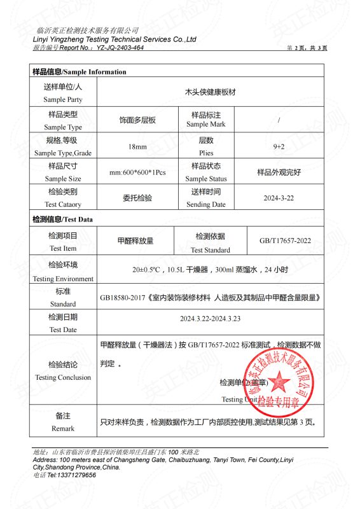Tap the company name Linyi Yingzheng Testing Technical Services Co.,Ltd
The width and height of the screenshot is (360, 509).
114,39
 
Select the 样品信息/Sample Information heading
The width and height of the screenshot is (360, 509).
80,72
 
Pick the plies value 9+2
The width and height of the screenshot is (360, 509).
279,146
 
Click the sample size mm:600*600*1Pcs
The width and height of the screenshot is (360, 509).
137,173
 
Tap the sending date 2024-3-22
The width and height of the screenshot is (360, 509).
279,198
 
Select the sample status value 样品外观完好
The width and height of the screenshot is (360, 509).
279,172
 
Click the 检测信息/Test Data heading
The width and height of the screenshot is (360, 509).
62,220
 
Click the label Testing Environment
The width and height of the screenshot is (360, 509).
63,279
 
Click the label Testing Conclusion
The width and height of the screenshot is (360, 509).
63,377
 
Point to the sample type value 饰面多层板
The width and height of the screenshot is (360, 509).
137,120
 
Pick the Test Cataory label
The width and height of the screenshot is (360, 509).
63,204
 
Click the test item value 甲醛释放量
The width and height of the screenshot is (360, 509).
135,241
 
